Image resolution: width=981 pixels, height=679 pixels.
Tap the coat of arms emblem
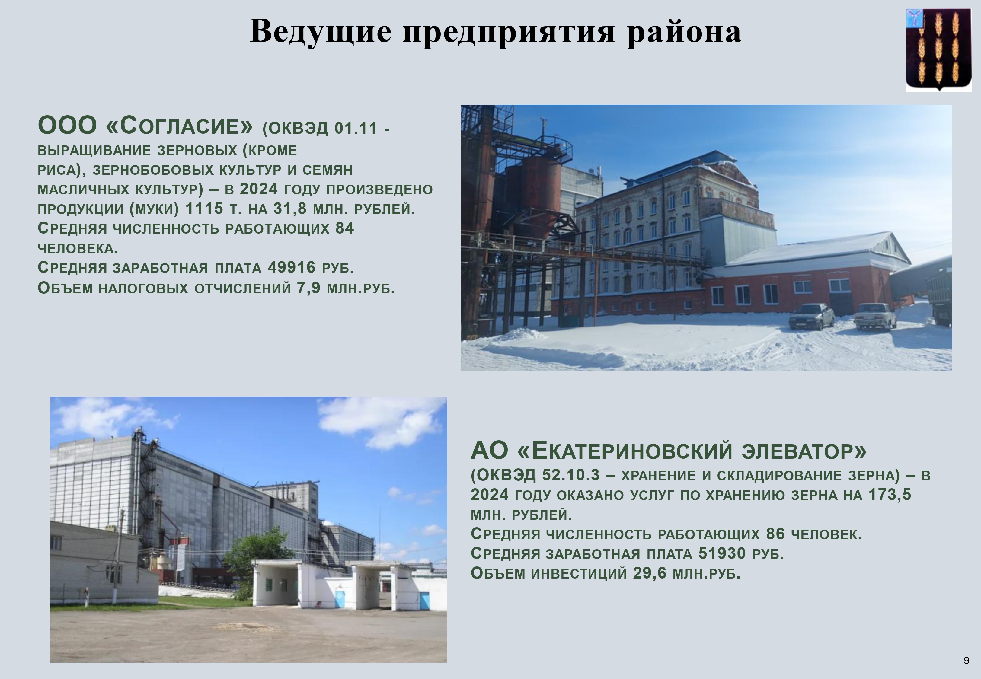click(939, 50)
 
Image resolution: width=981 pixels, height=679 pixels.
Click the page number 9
click(967, 660)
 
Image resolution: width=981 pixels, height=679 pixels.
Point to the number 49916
click(292, 267)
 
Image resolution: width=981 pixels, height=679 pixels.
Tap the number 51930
click(722, 553)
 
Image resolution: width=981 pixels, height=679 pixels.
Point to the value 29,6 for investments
click(650, 573)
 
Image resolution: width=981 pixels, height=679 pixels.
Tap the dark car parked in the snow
click(811, 317)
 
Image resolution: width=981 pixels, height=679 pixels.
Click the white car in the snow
click(875, 316)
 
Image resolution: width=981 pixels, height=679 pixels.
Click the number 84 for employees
click(345, 228)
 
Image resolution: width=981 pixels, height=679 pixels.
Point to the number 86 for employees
click(775, 534)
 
